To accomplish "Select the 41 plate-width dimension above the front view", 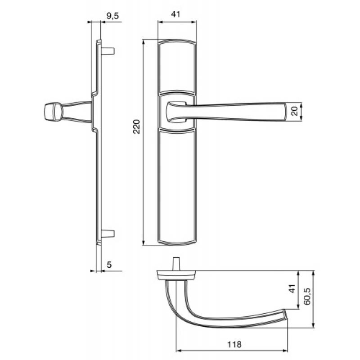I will (176, 14).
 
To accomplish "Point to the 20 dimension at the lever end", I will (294, 111).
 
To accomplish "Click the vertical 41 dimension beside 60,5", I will (291, 289).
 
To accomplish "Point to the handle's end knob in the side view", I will (52, 111).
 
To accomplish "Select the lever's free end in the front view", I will (281, 112).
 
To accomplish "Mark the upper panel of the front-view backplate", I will (177, 67).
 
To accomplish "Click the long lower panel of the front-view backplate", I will (177, 184).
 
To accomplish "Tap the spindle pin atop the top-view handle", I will (175, 263).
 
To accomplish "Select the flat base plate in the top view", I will (175, 273).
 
